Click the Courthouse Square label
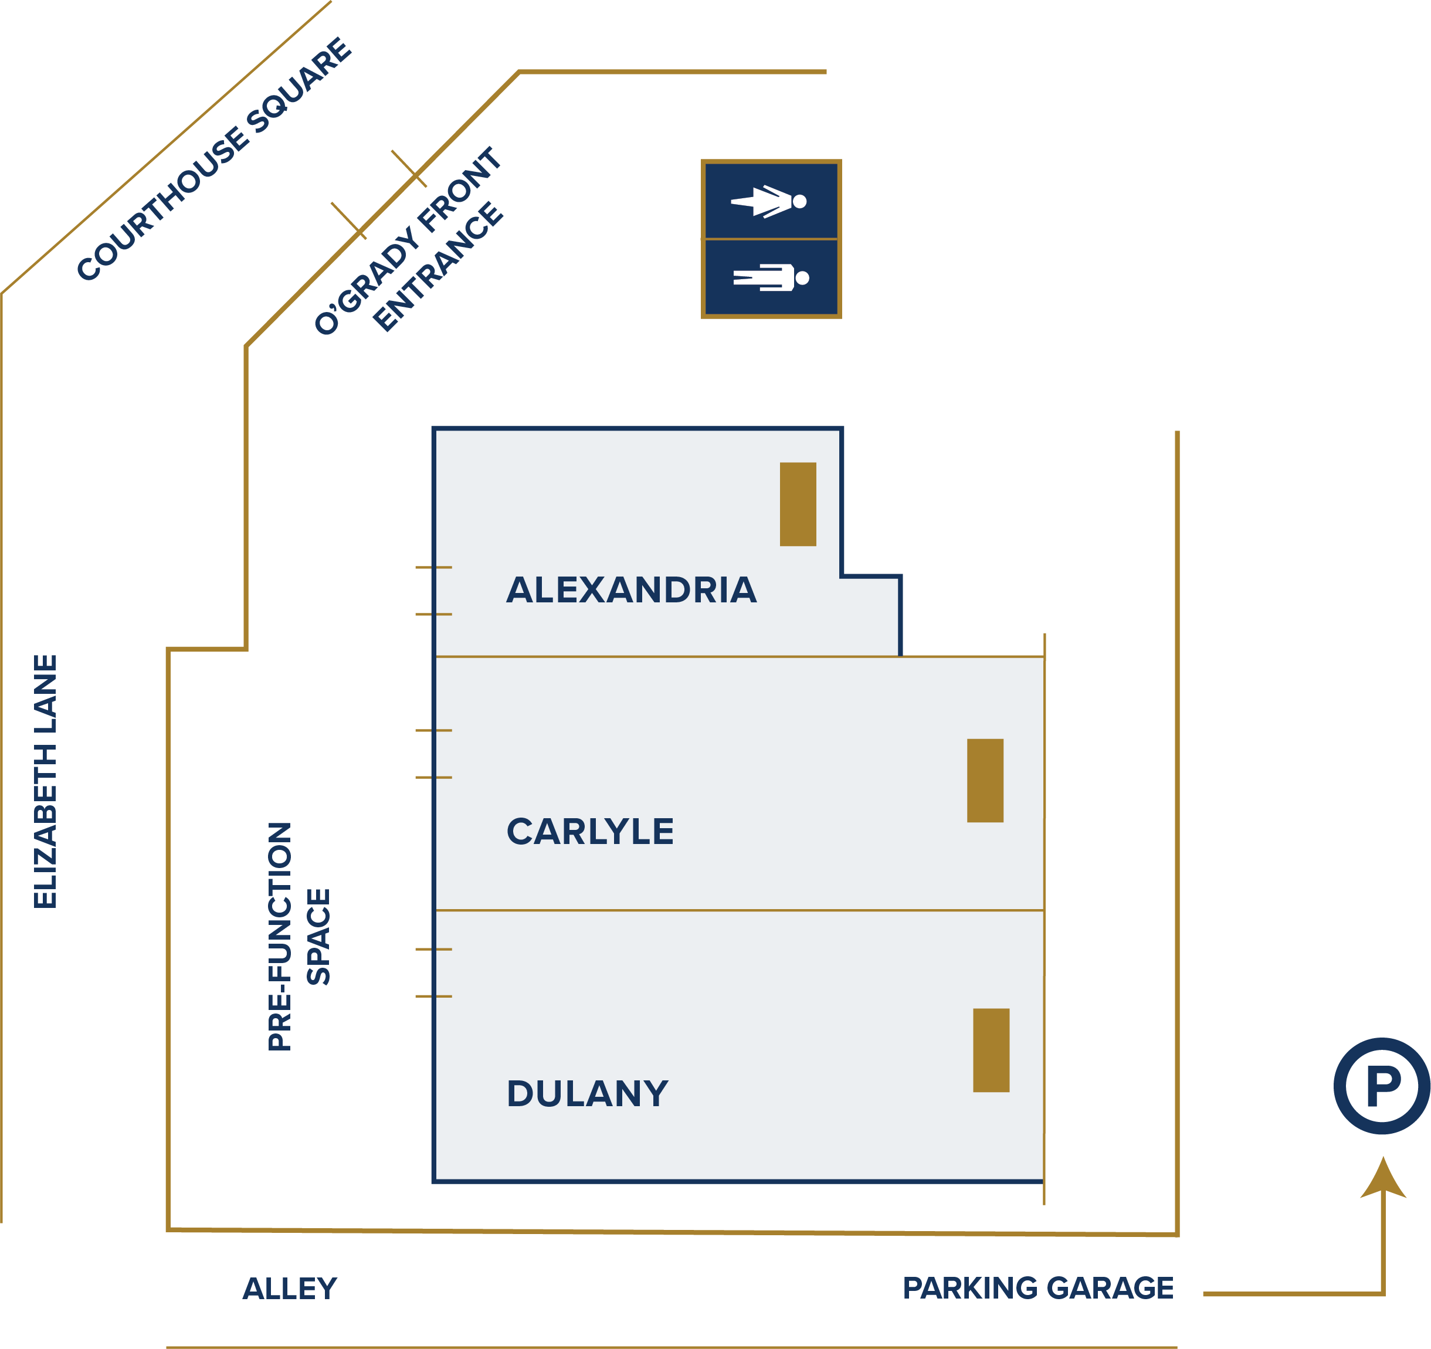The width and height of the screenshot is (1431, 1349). (x=214, y=159)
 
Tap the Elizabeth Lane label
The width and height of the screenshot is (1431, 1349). (x=45, y=781)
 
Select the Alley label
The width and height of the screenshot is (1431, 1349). (x=289, y=1289)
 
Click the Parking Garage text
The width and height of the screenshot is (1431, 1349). (x=1037, y=1288)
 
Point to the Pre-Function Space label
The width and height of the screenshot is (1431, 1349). (x=298, y=937)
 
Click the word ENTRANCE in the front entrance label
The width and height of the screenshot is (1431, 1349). (x=438, y=267)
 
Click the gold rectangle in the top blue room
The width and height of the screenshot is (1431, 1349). (x=798, y=504)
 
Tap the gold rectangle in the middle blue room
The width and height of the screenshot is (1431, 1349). (x=985, y=780)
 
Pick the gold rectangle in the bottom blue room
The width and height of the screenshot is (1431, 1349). (x=991, y=1050)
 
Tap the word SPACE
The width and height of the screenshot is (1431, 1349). (x=318, y=937)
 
